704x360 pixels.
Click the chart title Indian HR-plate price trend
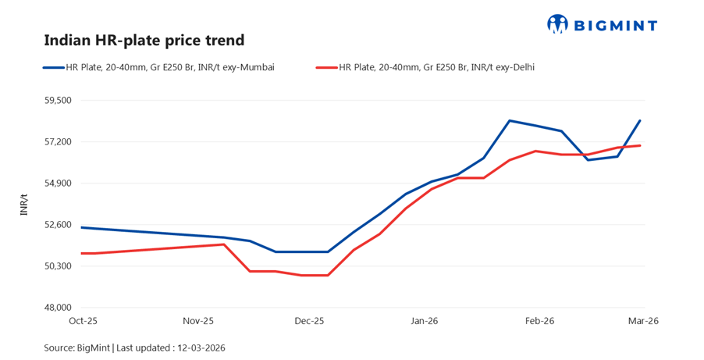(144, 40)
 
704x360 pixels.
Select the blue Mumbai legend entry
(159, 68)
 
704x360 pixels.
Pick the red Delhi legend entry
(425, 68)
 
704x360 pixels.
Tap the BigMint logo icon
(558, 24)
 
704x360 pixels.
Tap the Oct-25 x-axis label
(82, 321)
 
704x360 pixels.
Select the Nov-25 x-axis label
(197, 321)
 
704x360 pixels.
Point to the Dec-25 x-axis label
(309, 321)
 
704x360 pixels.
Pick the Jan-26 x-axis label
(424, 321)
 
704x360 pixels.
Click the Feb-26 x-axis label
(539, 321)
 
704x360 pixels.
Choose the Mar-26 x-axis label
(642, 321)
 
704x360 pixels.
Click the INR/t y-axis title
(24, 205)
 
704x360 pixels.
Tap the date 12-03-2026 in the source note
(202, 347)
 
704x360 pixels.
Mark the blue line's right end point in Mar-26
(640, 120)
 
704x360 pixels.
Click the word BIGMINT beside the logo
(615, 25)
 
